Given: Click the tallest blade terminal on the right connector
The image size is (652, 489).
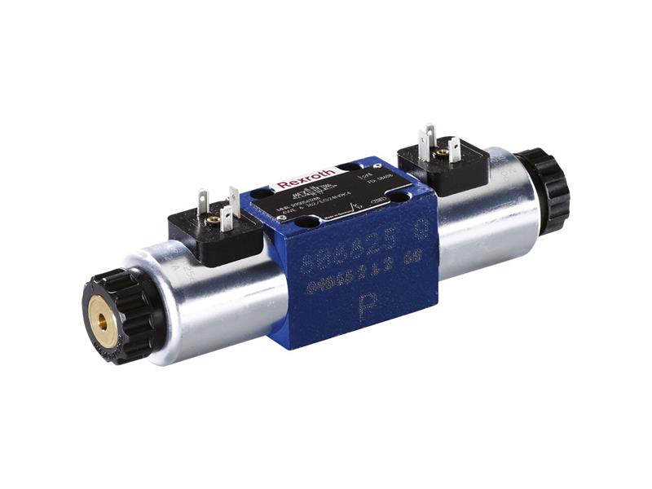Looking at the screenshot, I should click(x=427, y=139).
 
